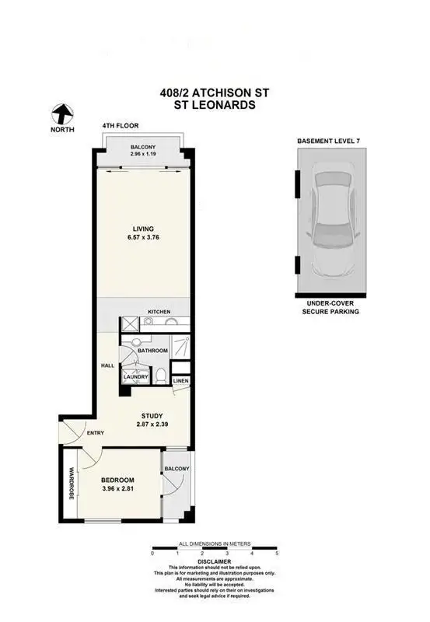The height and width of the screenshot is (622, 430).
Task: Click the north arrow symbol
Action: click(x=62, y=115)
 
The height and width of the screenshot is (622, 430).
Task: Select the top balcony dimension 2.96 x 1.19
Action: click(x=142, y=154)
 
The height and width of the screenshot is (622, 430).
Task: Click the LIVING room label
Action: click(x=142, y=229)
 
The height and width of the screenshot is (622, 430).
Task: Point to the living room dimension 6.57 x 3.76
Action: click(x=142, y=239)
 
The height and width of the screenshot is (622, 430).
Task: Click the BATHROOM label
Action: click(x=153, y=351)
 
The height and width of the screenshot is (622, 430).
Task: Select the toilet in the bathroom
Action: click(x=159, y=376)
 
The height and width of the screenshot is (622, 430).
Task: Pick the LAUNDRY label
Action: click(x=136, y=377)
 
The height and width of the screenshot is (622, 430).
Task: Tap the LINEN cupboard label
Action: click(x=180, y=381)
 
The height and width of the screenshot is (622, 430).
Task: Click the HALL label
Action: click(x=107, y=365)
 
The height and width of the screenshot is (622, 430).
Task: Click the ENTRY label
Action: click(x=95, y=433)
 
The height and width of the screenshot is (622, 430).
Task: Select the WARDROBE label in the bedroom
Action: click(x=71, y=482)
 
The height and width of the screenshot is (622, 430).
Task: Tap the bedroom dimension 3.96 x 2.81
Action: click(x=117, y=491)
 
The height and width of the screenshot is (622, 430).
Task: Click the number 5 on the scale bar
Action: click(x=276, y=553)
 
